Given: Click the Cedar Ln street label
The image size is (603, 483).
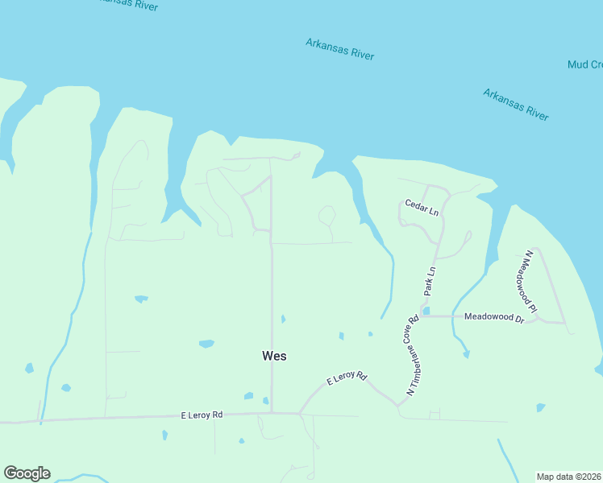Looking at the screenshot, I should [422, 208].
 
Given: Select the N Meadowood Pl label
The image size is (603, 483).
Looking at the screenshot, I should [529, 281].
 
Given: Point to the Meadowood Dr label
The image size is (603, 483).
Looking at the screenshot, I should [494, 317].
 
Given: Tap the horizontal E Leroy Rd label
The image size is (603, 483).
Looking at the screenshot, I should [202, 415].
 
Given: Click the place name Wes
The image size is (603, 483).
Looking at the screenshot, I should [274, 355].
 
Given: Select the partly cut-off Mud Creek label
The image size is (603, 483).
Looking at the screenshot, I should [584, 64].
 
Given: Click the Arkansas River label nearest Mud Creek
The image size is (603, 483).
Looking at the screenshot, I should [516, 105].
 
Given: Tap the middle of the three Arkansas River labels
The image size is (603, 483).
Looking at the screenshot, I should [340, 48].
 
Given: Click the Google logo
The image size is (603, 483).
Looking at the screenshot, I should [27, 473].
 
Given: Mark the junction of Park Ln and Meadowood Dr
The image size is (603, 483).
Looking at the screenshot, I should [421, 316].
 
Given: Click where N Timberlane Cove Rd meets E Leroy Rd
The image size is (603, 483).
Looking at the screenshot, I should [398, 406].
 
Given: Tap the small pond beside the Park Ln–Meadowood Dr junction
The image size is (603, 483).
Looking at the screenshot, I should [426, 311].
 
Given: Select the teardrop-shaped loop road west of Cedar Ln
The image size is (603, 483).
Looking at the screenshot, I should [327, 216].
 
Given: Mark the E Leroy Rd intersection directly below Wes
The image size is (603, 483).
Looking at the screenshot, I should [272, 413].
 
